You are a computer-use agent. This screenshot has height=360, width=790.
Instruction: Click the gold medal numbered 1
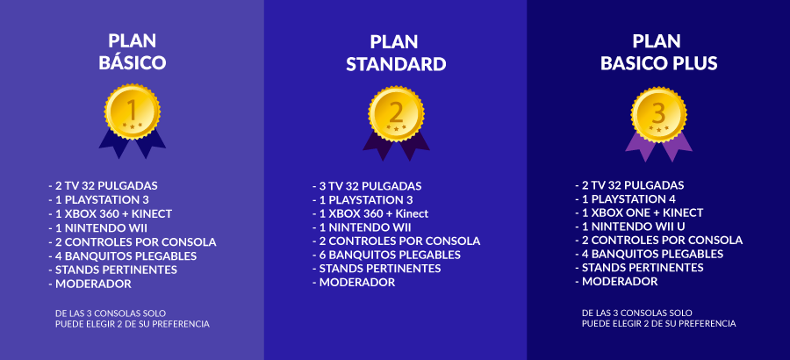tap(132, 112)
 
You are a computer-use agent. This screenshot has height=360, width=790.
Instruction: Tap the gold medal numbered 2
tap(396, 114)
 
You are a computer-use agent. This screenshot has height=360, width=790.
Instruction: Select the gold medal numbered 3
tap(658, 114)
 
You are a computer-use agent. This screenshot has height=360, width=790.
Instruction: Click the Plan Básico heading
tap(132, 52)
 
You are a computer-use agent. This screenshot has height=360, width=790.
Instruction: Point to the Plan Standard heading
tap(396, 53)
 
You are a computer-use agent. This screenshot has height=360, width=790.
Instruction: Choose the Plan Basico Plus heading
tap(658, 52)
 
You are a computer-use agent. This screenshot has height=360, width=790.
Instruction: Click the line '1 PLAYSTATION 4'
tap(625, 198)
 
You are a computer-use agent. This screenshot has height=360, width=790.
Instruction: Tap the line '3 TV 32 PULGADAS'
tap(367, 185)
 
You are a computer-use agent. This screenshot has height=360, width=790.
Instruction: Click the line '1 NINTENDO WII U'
tap(629, 227)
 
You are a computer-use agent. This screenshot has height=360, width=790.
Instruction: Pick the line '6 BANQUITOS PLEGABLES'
tap(386, 255)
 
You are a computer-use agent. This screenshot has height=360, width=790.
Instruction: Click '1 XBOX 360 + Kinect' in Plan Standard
tap(370, 213)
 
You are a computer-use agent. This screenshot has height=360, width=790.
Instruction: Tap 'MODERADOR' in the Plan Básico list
tap(90, 284)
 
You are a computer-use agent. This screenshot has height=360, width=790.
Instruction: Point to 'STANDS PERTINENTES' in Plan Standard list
tap(377, 268)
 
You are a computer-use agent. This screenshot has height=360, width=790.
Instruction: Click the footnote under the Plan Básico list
tap(132, 319)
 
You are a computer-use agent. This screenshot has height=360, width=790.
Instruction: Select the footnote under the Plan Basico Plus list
tap(658, 318)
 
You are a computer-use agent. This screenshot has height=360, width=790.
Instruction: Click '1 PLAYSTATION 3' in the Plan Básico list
tap(98, 199)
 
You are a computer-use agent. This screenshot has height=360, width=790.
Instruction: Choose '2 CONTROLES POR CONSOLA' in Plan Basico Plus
tap(658, 240)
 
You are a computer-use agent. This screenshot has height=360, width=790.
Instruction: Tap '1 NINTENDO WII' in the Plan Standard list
tap(362, 227)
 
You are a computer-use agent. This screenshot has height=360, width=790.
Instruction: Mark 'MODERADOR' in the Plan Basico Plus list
tap(616, 281)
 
